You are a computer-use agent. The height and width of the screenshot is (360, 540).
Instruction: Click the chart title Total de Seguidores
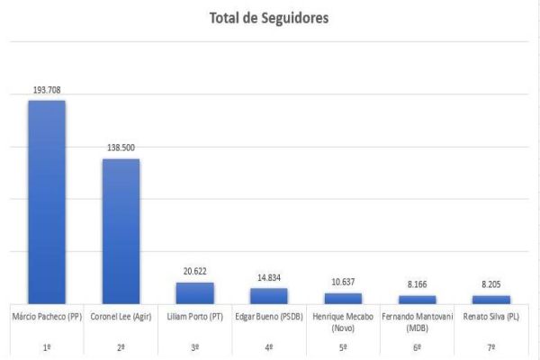pos(269,18)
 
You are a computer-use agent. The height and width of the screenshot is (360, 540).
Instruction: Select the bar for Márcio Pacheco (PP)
pos(46,202)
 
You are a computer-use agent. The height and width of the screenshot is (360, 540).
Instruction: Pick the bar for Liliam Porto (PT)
pos(194,292)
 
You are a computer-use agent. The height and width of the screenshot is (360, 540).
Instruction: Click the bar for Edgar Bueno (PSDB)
pos(268,295)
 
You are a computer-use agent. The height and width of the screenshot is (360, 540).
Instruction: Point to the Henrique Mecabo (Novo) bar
pos(343,298)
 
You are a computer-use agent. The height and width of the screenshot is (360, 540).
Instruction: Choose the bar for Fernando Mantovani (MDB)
pos(417,299)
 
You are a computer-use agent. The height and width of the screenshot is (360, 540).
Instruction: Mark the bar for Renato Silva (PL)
pos(490,299)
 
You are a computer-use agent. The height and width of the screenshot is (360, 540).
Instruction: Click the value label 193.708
pos(46,90)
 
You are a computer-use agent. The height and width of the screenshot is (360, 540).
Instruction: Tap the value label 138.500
pos(120,148)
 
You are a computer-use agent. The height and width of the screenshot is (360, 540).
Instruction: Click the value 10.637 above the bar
pos(343,283)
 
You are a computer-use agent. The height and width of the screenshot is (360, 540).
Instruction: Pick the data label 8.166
pos(417,285)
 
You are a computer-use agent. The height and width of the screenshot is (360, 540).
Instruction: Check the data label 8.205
pos(490,285)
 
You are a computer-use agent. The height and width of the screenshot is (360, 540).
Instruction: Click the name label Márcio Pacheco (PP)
pos(46,317)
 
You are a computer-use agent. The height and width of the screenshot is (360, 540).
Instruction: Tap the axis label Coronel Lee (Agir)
pos(120,317)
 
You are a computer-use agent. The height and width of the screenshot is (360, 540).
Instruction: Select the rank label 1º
pos(46,347)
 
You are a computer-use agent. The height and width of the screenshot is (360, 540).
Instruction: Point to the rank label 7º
pos(490,347)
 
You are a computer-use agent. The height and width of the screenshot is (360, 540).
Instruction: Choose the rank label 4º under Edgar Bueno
pos(268,347)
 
